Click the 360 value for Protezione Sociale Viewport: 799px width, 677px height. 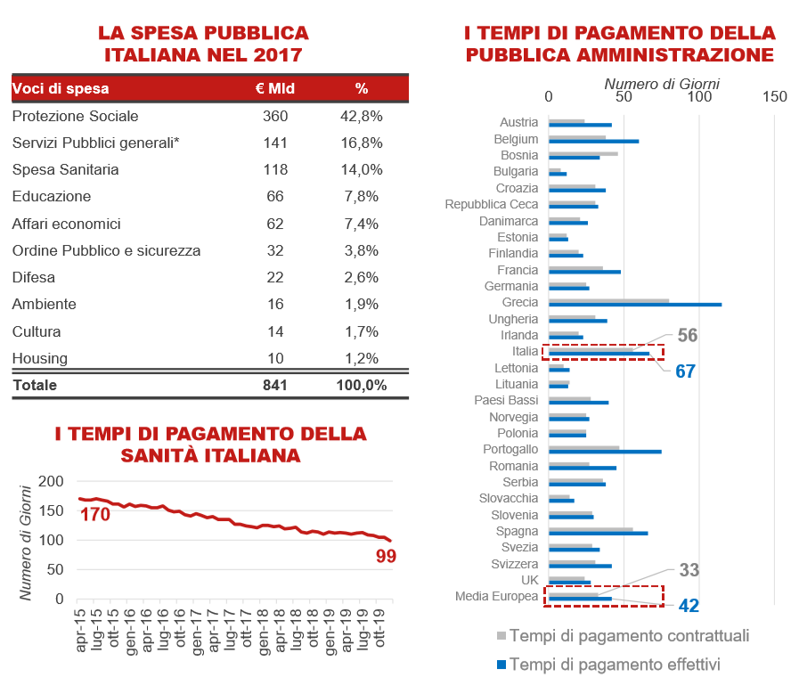(275, 116)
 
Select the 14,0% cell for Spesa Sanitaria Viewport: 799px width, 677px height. (362, 169)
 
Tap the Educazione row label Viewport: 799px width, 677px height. (52, 196)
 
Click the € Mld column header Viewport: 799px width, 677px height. (275, 89)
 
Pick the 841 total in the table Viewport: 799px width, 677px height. (275, 385)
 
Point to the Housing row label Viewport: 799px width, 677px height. (40, 359)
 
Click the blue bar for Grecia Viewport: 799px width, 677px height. (635, 305)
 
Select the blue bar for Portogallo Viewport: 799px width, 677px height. (605, 452)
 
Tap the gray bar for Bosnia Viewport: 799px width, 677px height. (583, 153)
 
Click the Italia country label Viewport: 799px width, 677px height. (525, 352)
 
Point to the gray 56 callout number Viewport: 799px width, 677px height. (688, 335)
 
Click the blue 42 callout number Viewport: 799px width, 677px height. (689, 606)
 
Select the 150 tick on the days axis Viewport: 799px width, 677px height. (775, 96)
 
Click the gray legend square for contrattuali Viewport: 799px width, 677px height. (501, 636)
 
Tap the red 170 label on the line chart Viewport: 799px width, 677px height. (94, 515)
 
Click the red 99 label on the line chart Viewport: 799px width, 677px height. (386, 556)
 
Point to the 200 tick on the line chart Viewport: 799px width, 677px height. (51, 481)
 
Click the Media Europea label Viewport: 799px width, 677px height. (496, 597)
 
